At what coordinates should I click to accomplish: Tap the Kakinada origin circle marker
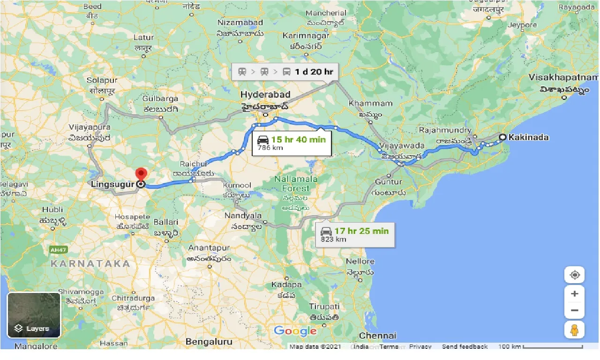coord(502,137)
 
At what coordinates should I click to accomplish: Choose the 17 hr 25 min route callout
coord(354,235)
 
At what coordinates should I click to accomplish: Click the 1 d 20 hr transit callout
coord(285,72)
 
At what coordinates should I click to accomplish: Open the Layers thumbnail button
coord(34,315)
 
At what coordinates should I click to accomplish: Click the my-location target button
coord(574,275)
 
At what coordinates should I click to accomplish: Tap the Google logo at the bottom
coord(295,331)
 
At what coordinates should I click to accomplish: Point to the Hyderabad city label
coord(265,95)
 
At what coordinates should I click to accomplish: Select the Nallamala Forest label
coord(296,184)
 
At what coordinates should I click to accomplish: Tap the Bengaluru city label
coord(209,342)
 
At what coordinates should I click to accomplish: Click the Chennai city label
coord(378,336)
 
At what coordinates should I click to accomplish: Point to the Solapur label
coord(102,80)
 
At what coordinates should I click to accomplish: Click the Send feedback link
coord(465,347)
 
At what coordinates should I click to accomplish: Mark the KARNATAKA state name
coord(90,263)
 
